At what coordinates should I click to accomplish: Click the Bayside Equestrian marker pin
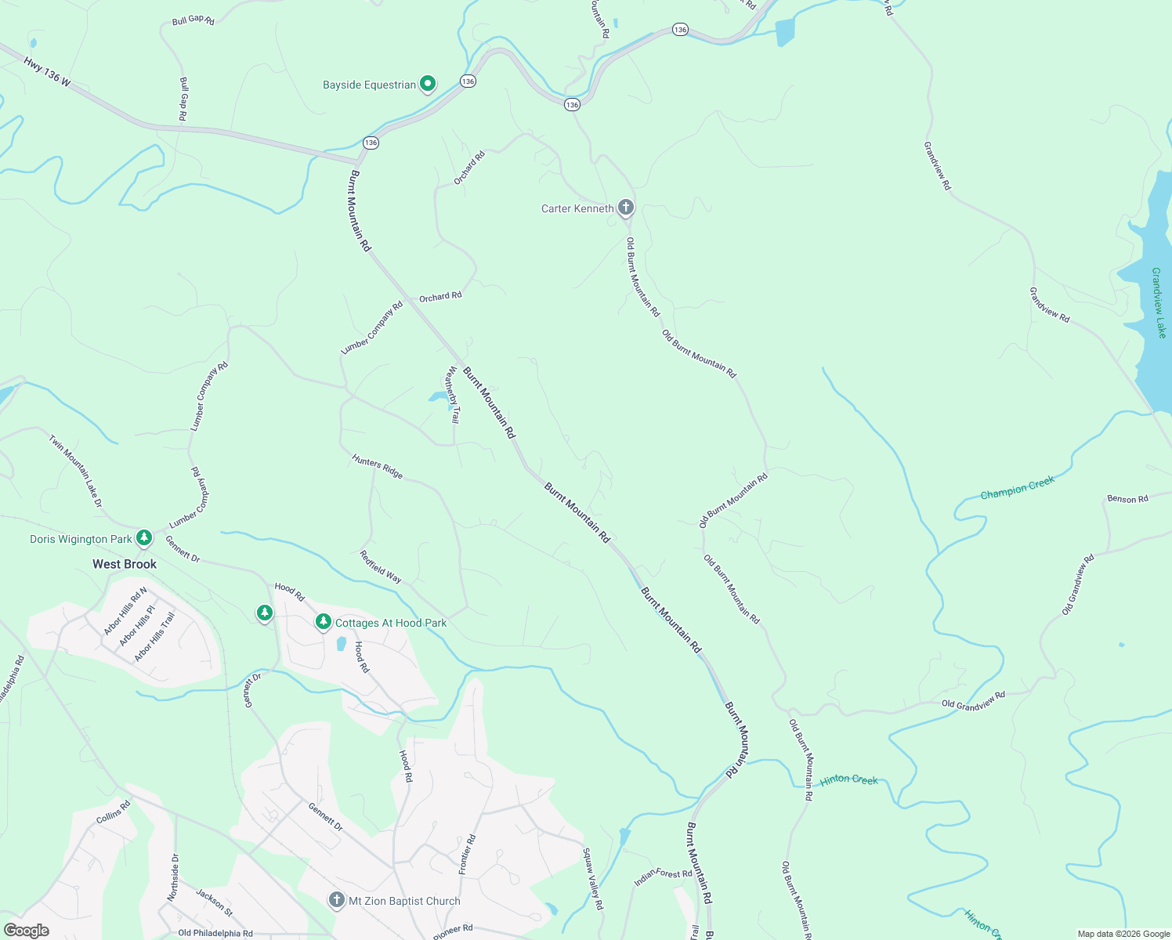click(x=427, y=83)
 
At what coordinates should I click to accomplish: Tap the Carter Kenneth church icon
click(x=625, y=208)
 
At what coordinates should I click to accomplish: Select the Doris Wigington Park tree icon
click(x=143, y=537)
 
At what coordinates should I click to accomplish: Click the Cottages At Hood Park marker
click(x=323, y=621)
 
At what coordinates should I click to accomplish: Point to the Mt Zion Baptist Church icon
click(x=337, y=900)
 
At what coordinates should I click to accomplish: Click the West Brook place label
click(x=125, y=564)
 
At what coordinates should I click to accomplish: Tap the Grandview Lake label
click(x=1159, y=303)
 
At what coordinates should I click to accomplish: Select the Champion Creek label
click(x=1017, y=488)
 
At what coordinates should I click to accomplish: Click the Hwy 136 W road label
click(x=47, y=70)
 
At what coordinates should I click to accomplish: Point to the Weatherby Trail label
click(x=452, y=395)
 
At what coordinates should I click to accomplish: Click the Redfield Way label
click(x=381, y=566)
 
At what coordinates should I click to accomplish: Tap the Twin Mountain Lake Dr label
click(x=76, y=471)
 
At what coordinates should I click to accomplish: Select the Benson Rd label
click(x=1127, y=499)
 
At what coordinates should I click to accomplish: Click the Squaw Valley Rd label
click(x=593, y=878)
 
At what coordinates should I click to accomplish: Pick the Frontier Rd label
click(x=467, y=855)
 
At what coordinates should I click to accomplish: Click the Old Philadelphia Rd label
click(x=215, y=933)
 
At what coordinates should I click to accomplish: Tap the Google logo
click(x=27, y=931)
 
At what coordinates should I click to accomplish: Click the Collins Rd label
click(x=114, y=812)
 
